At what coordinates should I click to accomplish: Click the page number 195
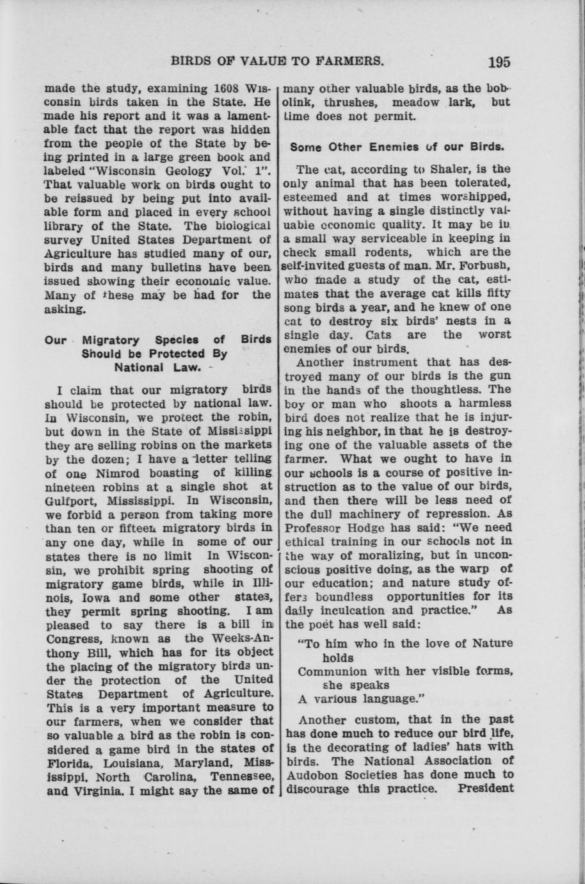(499, 62)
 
